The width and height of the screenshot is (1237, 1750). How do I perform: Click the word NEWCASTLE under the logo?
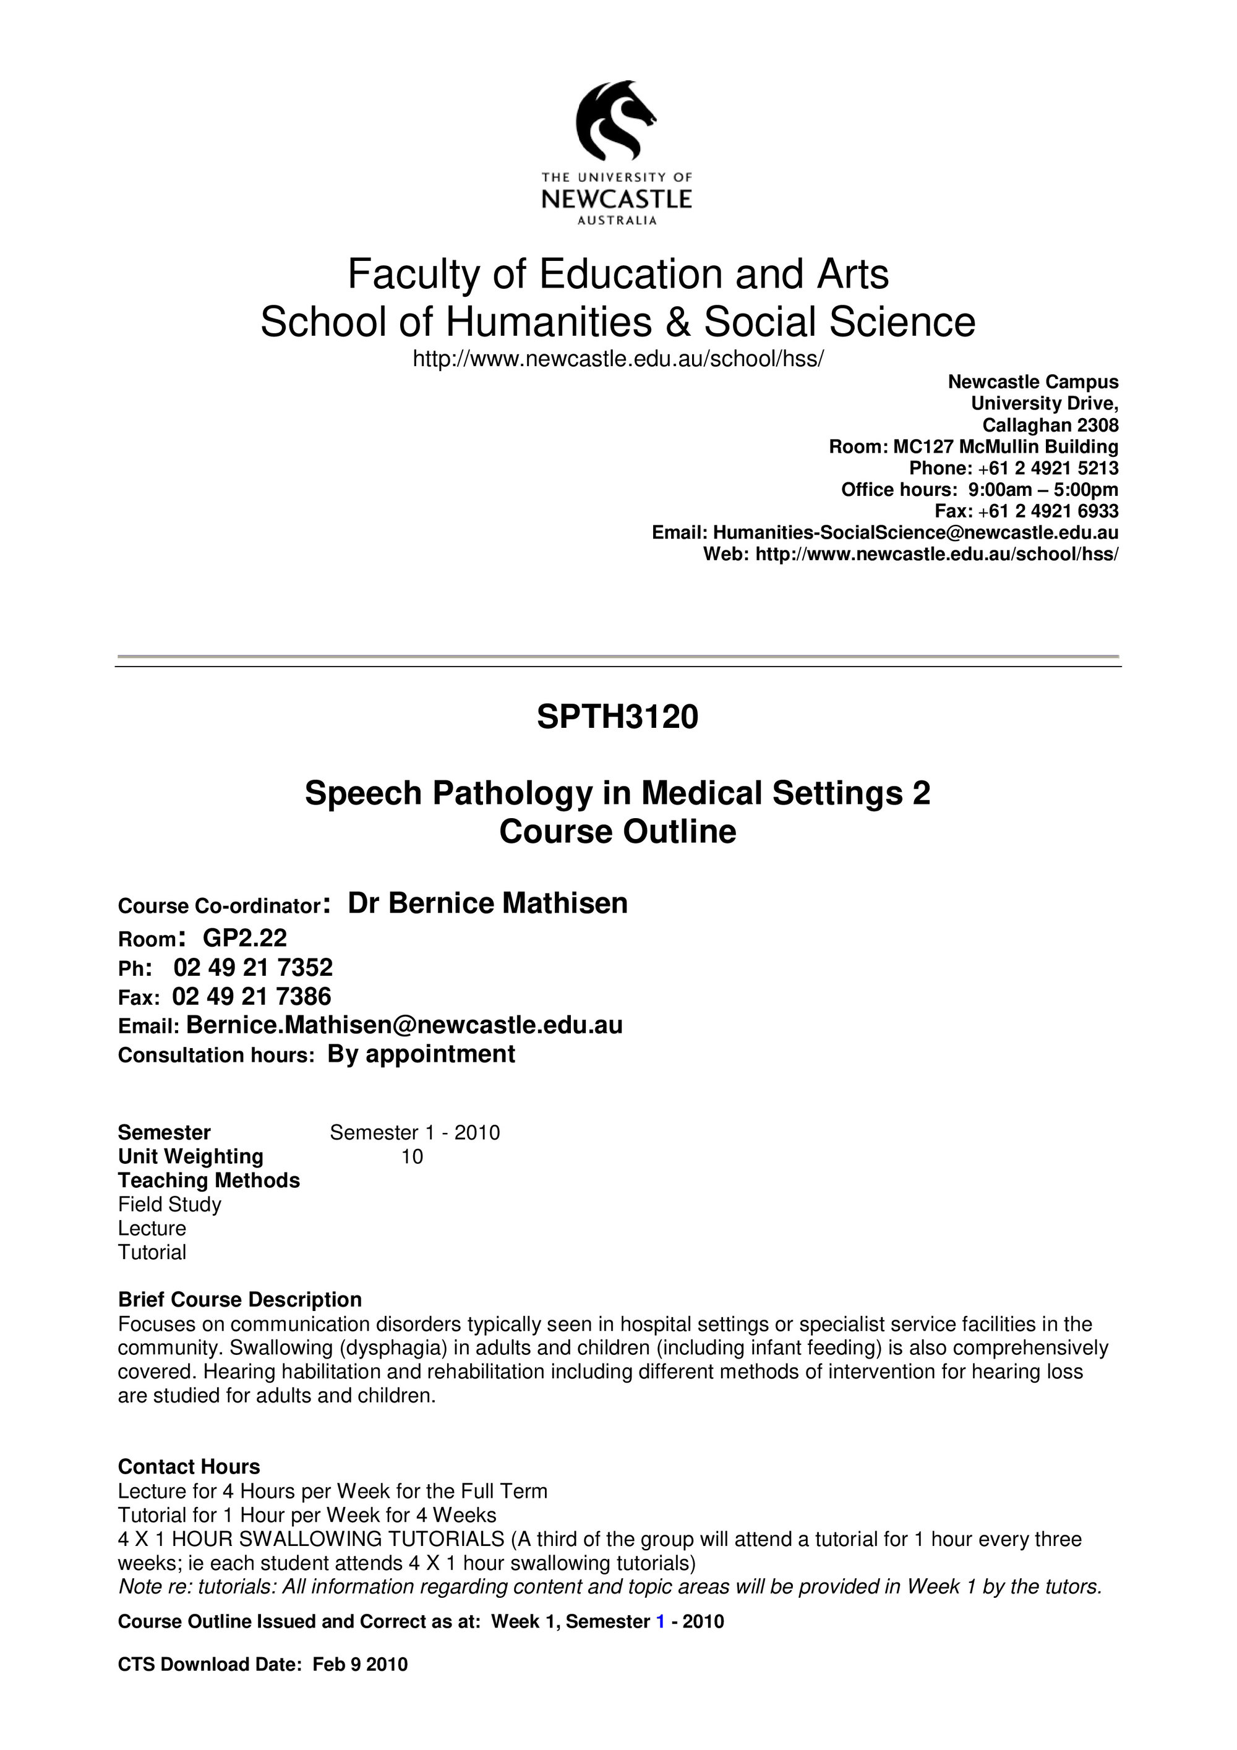click(617, 200)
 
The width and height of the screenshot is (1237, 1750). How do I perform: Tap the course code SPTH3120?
click(617, 717)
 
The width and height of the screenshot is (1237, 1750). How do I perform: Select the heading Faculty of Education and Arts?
click(618, 275)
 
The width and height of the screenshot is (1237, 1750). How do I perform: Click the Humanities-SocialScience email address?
click(915, 532)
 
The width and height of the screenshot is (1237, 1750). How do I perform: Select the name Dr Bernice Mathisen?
click(488, 903)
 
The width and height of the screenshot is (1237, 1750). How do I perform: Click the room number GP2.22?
click(245, 937)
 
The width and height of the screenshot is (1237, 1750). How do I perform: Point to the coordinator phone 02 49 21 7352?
click(253, 967)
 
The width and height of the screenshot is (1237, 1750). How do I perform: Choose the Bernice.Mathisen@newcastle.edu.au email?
click(404, 1025)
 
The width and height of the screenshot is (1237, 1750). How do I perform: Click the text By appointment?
click(421, 1054)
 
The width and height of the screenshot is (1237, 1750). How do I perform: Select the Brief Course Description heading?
click(240, 1300)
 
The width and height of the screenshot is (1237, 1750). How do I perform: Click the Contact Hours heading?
click(189, 1467)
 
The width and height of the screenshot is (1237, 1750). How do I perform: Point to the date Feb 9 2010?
click(360, 1665)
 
